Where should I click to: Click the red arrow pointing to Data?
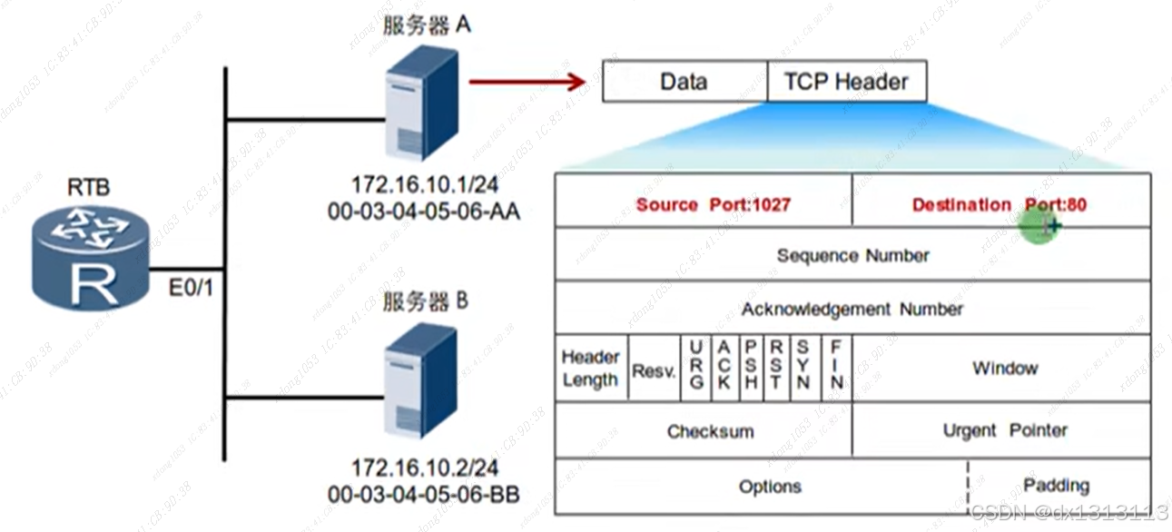pyautogui.click(x=527, y=83)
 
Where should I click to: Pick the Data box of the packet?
pyautogui.click(x=684, y=83)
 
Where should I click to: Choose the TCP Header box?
pyautogui.click(x=846, y=83)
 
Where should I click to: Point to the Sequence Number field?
pyautogui.click(x=852, y=255)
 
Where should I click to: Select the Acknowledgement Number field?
pyautogui.click(x=852, y=309)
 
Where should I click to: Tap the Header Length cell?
pyautogui.click(x=591, y=369)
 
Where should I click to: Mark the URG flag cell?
pyautogui.click(x=696, y=369)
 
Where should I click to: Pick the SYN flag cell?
pyautogui.click(x=803, y=369)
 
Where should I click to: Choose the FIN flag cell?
pyautogui.click(x=836, y=369)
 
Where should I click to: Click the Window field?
pyautogui.click(x=1004, y=369)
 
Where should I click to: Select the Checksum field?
pyautogui.click(x=710, y=431)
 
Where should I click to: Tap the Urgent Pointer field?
pyautogui.click(x=1004, y=430)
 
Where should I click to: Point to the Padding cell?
pyautogui.click(x=1056, y=486)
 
